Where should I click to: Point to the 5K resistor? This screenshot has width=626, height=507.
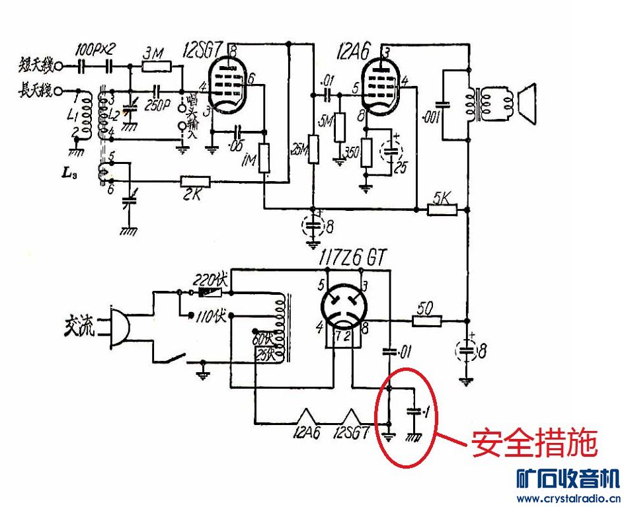coord(442,209)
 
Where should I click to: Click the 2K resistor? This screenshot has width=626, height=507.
coord(196,181)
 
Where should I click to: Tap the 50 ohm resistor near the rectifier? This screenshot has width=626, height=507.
coord(427,321)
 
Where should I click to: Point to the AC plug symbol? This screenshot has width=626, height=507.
coord(115,327)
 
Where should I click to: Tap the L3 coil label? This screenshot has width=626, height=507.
coord(69,173)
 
